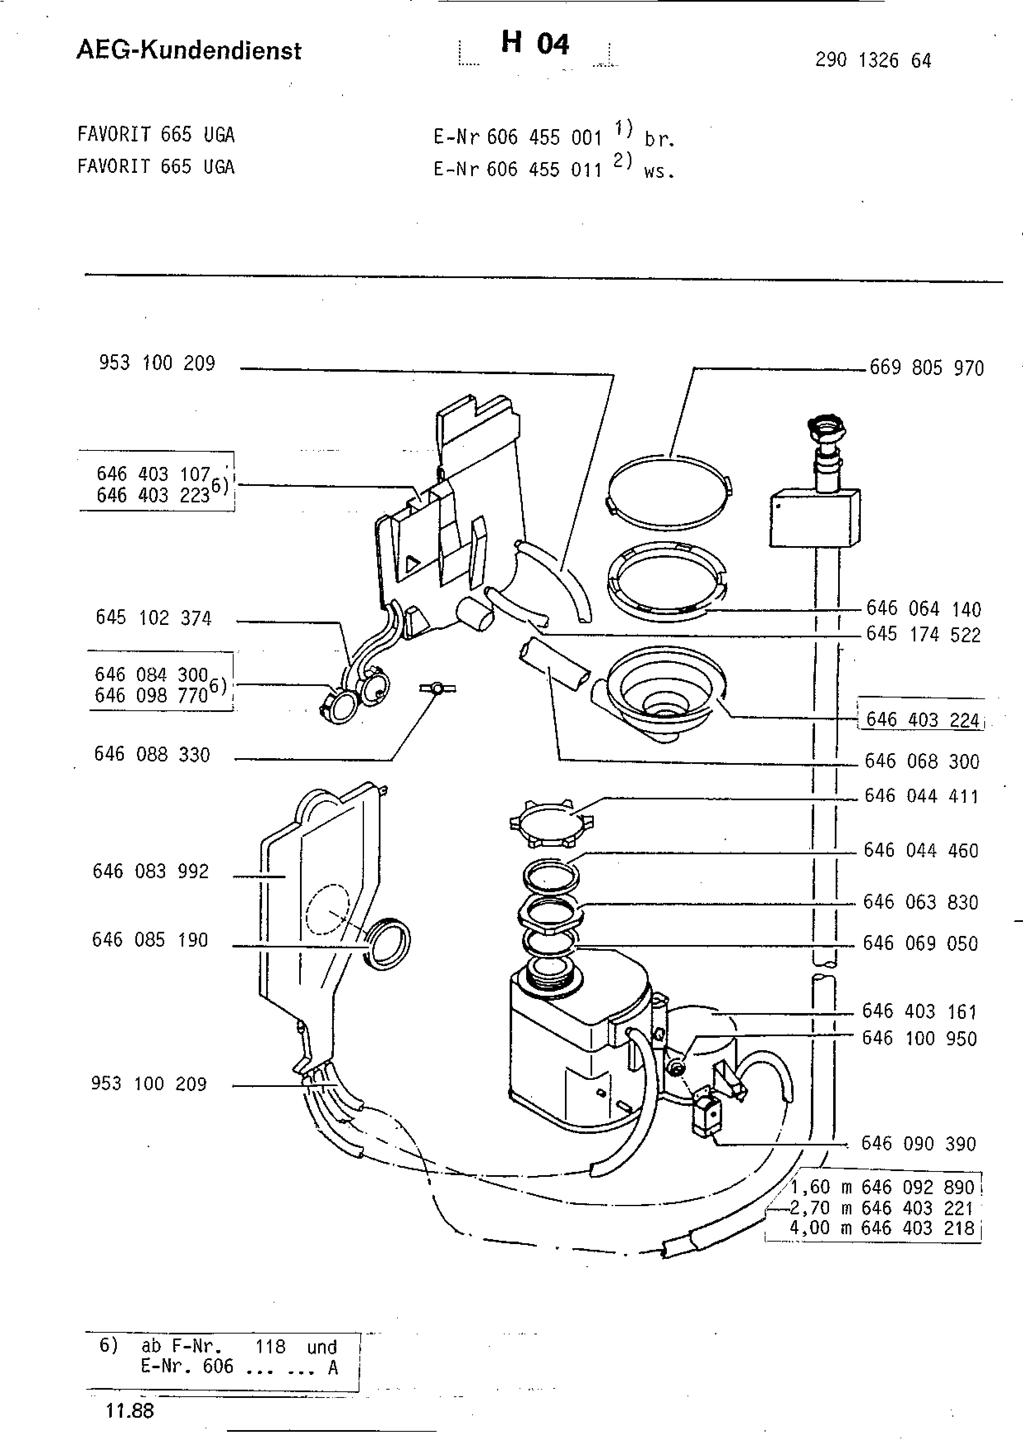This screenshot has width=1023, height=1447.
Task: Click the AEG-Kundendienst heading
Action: coord(189,50)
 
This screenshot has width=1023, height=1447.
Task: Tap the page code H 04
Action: coord(535,43)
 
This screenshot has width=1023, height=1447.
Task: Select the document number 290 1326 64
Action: coord(873,61)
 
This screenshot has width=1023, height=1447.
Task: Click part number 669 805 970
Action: coord(926,368)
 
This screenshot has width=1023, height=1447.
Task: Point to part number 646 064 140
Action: coord(924,609)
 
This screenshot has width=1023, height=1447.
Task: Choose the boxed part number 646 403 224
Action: coord(923,720)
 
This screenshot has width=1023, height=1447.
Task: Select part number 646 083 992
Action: coord(151,871)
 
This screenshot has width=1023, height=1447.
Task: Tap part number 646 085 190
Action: coord(150,940)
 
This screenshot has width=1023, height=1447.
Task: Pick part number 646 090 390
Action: coord(918,1143)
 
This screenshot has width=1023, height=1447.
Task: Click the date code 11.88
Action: coord(130,1410)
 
